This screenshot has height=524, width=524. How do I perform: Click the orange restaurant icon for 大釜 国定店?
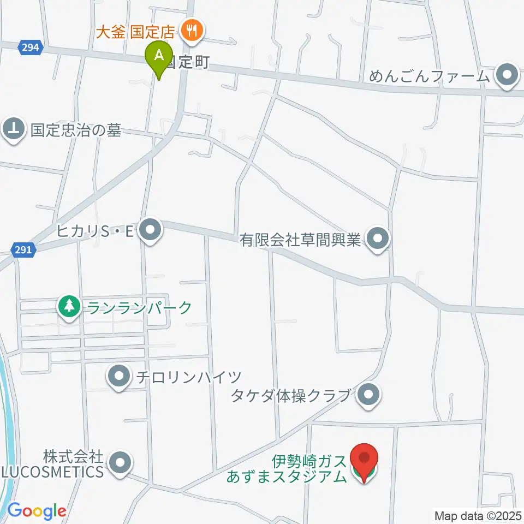click(191, 30)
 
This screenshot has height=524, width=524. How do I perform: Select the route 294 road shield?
click(31, 47)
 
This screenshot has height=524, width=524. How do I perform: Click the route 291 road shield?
click(24, 250)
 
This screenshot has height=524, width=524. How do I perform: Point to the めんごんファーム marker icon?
click(508, 76)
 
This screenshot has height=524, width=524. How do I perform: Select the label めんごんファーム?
click(430, 76)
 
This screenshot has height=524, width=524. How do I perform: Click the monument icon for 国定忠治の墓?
click(14, 130)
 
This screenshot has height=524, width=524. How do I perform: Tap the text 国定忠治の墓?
click(76, 130)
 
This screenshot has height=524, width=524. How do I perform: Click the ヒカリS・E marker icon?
click(150, 231)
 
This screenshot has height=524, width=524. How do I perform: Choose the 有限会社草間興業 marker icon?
click(377, 239)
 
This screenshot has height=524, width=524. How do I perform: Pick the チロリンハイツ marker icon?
click(118, 377)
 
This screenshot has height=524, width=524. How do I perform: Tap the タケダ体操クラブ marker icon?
click(369, 395)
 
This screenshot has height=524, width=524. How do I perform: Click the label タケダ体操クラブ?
click(290, 395)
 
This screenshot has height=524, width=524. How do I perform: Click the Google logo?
click(37, 511)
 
